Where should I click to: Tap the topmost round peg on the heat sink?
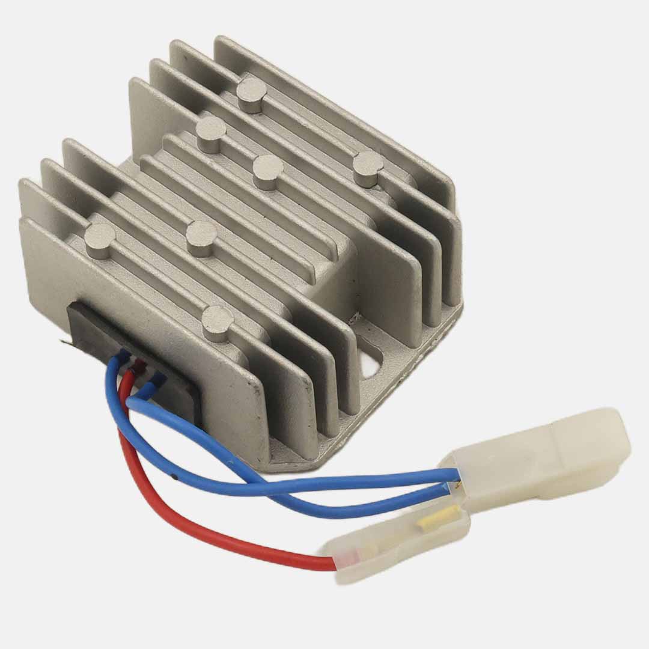click(x=251, y=93)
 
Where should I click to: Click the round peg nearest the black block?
click(x=217, y=321)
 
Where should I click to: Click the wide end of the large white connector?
click(x=607, y=436)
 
